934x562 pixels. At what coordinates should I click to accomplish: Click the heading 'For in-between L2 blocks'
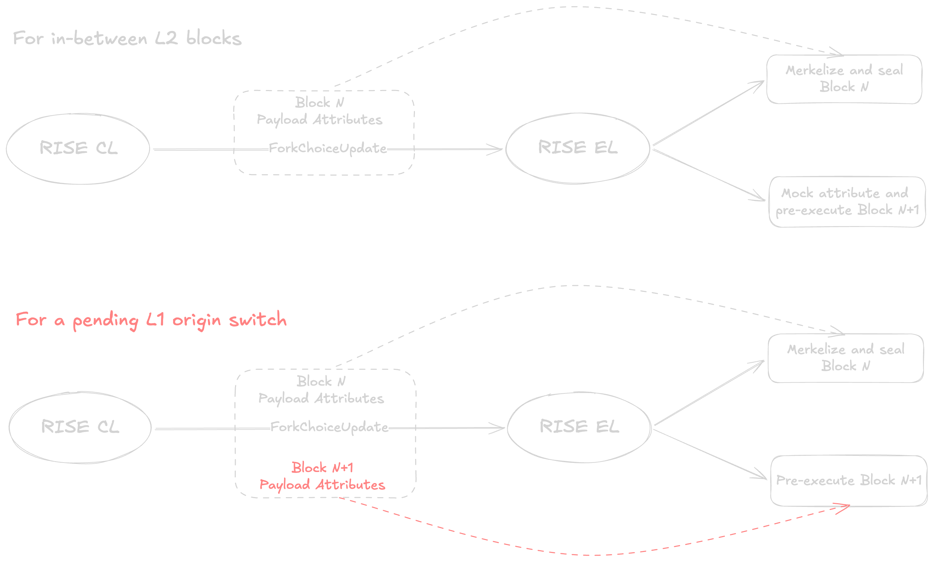click(x=127, y=38)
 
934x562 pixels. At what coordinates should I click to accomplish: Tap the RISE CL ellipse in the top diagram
click(x=78, y=148)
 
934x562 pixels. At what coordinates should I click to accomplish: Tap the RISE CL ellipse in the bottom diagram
click(x=80, y=427)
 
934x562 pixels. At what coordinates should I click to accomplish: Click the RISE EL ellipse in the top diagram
click(x=578, y=148)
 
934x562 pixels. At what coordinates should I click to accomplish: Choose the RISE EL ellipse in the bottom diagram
click(x=579, y=427)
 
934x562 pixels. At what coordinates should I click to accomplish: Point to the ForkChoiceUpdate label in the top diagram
click(x=328, y=148)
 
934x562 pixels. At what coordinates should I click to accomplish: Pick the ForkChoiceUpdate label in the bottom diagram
click(x=329, y=428)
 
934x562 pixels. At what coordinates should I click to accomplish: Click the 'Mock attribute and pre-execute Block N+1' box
click(x=847, y=202)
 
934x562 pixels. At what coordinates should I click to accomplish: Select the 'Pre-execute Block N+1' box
click(x=849, y=480)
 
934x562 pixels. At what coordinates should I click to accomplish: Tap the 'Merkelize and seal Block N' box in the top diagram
click(x=844, y=79)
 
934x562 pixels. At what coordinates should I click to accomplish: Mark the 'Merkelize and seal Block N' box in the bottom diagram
click(x=846, y=358)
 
